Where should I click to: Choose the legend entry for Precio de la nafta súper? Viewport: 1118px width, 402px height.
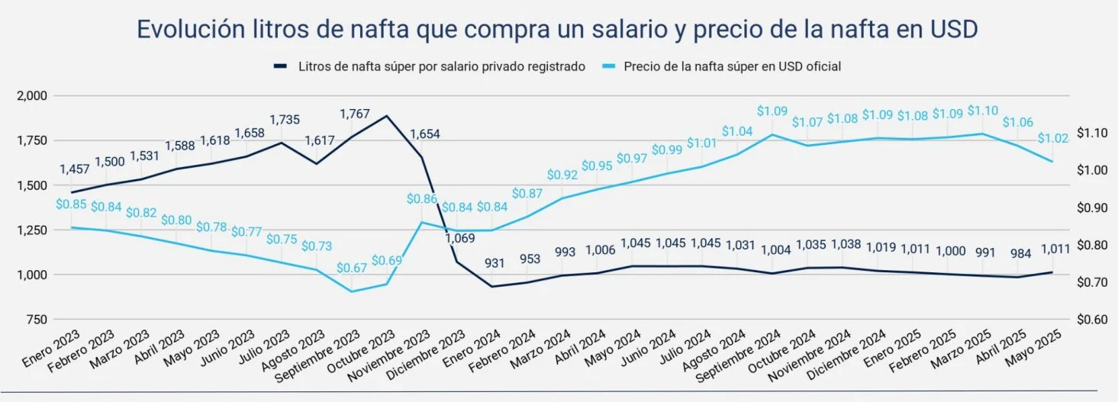click(x=732, y=66)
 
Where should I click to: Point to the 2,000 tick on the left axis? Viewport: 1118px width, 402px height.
click(x=31, y=95)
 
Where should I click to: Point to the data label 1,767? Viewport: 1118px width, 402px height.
click(x=354, y=114)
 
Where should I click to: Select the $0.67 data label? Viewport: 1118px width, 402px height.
click(x=352, y=269)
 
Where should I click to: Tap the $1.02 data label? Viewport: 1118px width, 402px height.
click(x=1053, y=139)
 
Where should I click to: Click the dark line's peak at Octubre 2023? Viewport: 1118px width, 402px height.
click(x=387, y=116)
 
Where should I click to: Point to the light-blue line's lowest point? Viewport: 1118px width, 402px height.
click(x=352, y=291)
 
